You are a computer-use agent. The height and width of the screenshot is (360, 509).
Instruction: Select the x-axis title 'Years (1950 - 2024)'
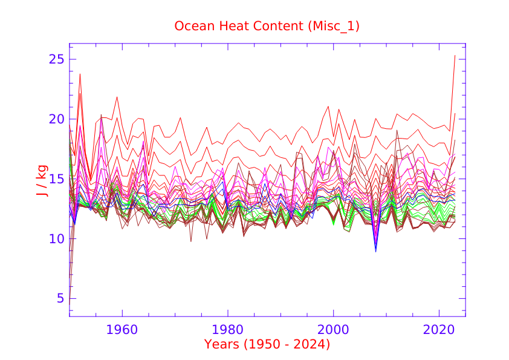(267, 344)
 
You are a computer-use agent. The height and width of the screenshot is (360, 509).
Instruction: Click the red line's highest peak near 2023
(455, 56)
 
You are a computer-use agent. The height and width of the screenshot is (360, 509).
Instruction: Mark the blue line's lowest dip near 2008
(375, 251)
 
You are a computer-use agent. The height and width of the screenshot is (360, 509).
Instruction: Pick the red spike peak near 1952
(80, 74)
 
